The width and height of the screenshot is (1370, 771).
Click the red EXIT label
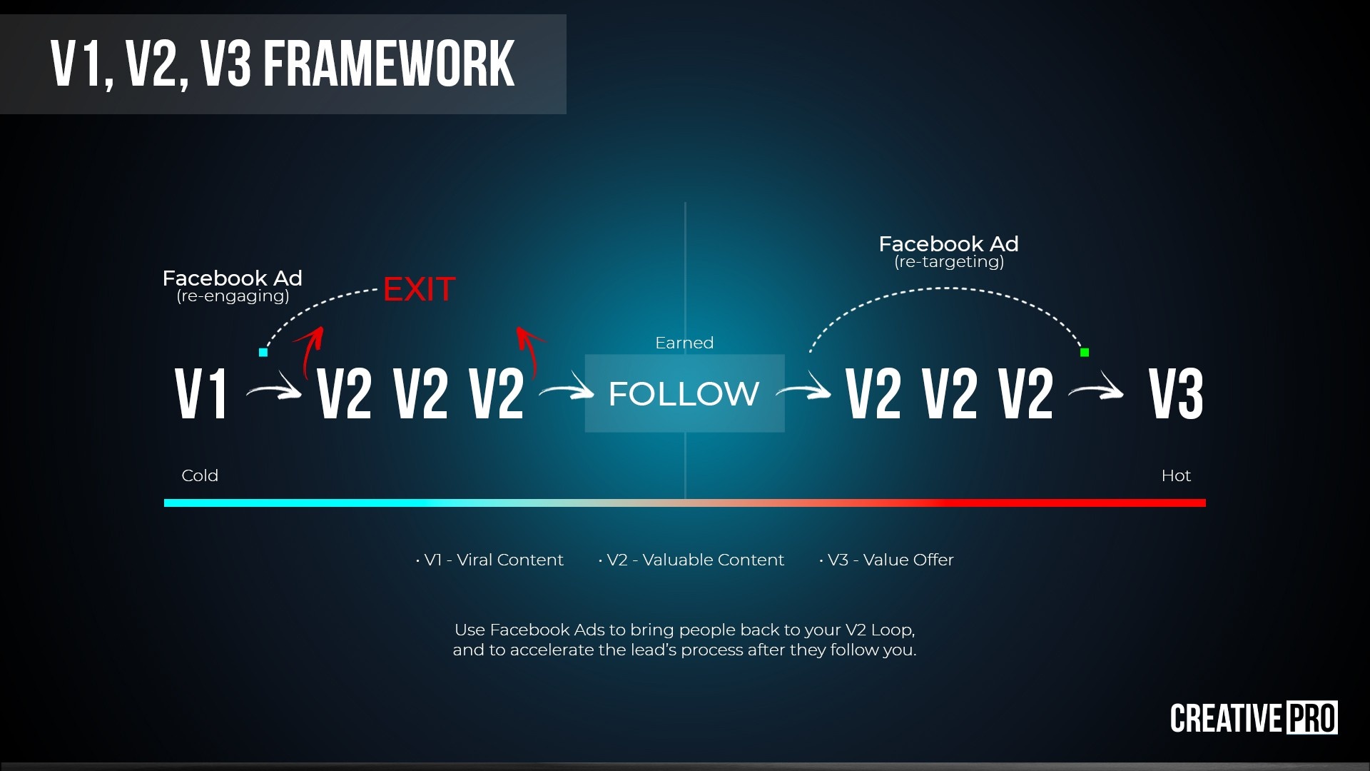point(419,289)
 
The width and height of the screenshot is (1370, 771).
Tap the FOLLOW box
point(684,393)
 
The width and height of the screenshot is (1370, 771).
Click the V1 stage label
point(201,393)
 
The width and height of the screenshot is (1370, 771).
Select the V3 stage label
point(1176,393)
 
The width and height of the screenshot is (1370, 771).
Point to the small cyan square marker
point(263,352)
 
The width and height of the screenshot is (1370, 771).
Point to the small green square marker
point(1085,352)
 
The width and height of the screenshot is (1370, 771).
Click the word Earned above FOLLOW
point(684,343)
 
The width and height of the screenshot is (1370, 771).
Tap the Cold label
point(200,475)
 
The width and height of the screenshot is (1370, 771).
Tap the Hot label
point(1176,475)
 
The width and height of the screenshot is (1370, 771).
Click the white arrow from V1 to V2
point(274,390)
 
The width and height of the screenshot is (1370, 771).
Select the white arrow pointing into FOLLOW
point(567,390)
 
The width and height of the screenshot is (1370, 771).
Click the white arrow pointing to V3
point(1096,390)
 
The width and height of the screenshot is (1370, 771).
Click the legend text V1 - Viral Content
point(493,560)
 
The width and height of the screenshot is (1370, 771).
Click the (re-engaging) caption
point(233,296)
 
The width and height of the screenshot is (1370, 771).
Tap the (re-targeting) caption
point(949,262)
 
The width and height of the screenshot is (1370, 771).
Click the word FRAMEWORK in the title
point(389,64)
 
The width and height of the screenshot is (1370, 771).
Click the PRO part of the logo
point(1311,718)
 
